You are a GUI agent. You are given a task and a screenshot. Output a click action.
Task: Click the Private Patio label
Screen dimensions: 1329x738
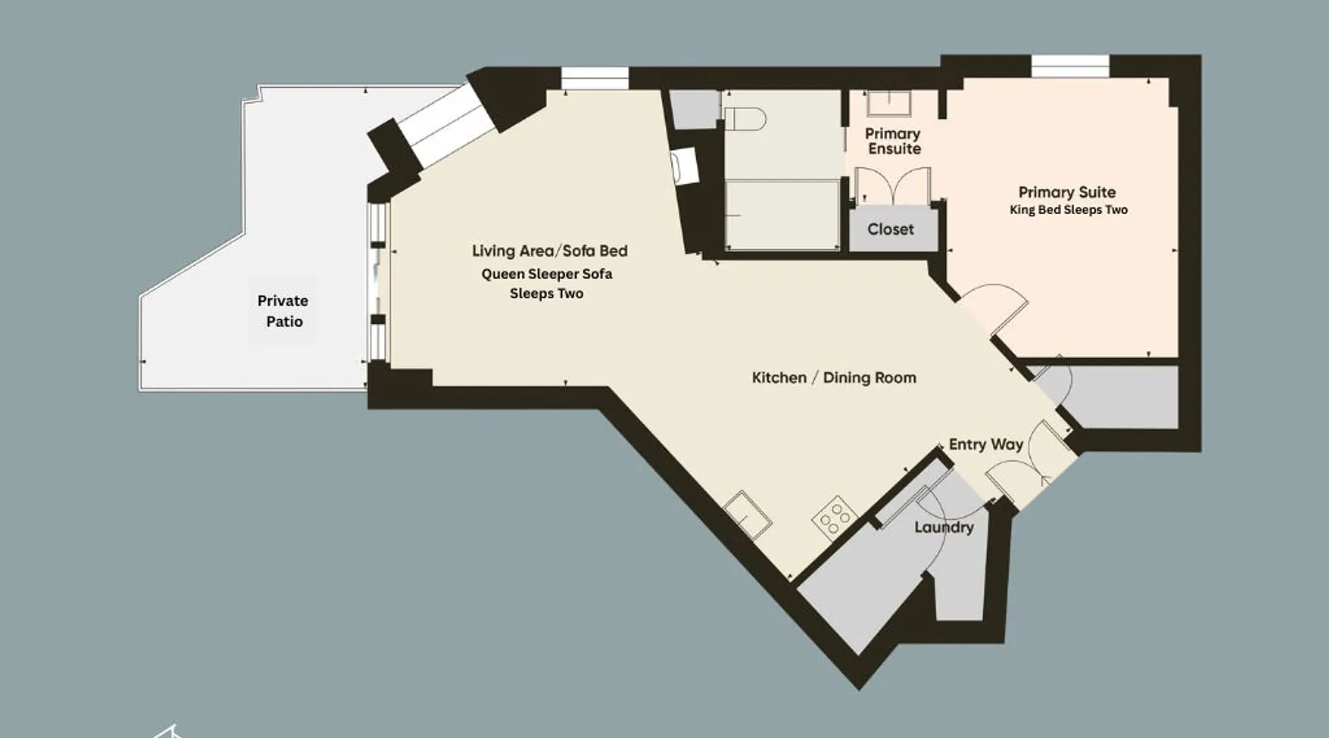pyautogui.click(x=284, y=311)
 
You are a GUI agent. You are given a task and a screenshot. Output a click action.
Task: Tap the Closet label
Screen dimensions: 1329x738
pyautogui.click(x=890, y=230)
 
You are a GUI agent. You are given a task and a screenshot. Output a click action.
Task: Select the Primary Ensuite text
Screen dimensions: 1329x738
pyautogui.click(x=893, y=141)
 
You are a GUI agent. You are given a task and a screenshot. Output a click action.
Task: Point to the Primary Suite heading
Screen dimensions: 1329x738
pyautogui.click(x=1067, y=192)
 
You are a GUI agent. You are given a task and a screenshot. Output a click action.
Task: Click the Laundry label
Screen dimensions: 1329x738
pyautogui.click(x=944, y=528)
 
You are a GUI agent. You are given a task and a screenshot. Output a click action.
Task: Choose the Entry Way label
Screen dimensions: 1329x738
pyautogui.click(x=986, y=444)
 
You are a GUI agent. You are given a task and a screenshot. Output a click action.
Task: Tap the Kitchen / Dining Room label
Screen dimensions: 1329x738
pyautogui.click(x=834, y=378)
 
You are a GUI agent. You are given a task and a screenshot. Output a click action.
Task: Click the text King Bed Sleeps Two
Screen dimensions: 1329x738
pyautogui.click(x=1068, y=210)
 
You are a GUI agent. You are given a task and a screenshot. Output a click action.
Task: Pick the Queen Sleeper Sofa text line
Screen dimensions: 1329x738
pyautogui.click(x=546, y=274)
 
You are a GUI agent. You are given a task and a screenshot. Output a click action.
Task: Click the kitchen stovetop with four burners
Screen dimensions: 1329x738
pyautogui.click(x=834, y=517)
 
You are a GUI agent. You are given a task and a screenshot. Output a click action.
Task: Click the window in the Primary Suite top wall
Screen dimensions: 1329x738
pyautogui.click(x=1071, y=66)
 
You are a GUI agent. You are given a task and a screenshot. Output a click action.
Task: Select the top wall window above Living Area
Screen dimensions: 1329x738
pyautogui.click(x=594, y=78)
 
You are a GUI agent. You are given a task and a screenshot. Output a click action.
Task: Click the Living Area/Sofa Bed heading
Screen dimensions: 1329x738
pyautogui.click(x=549, y=251)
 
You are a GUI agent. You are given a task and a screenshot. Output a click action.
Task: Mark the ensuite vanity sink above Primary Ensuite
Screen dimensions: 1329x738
pyautogui.click(x=888, y=103)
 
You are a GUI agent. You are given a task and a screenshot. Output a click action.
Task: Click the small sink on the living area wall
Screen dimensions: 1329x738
pyautogui.click(x=684, y=166)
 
